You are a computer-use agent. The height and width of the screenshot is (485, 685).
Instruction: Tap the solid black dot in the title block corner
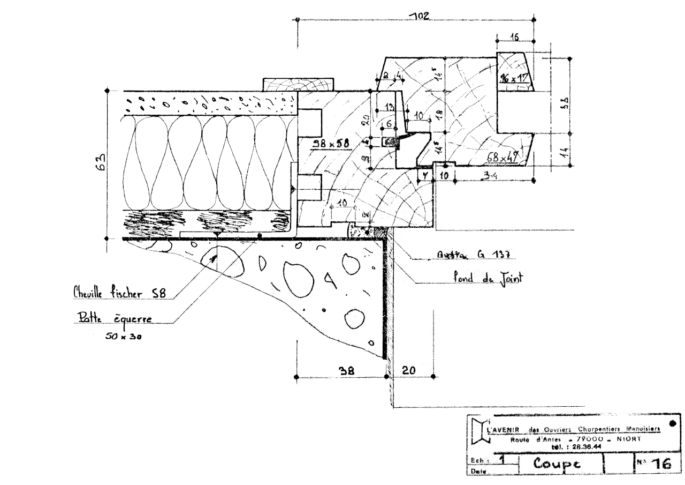click(673, 422)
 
